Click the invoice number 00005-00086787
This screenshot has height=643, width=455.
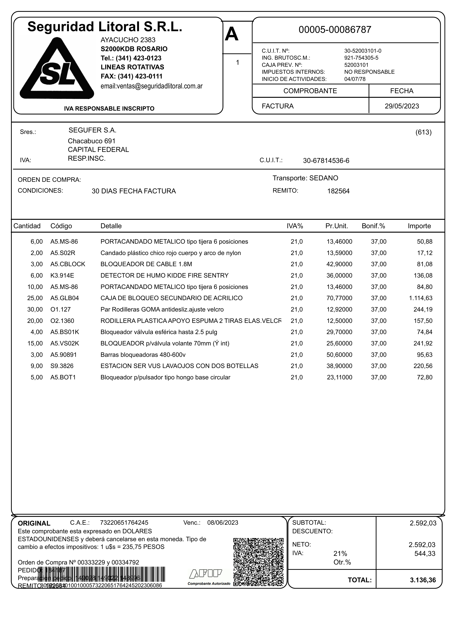pos(335,30)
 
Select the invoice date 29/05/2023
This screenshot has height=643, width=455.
pos(402,106)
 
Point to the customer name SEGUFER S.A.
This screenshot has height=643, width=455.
pos(92,130)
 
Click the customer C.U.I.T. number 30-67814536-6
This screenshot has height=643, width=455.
pos(326,161)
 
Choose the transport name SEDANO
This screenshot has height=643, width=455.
pos(324,178)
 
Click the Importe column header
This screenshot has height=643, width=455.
pos(419,226)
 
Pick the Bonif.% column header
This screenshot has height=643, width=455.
pos(373,226)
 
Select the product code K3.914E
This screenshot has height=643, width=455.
pos(62,276)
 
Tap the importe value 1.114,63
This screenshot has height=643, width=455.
pos(421,298)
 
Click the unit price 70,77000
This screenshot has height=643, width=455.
pos(339,298)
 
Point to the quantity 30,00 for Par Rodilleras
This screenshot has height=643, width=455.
pos(35,310)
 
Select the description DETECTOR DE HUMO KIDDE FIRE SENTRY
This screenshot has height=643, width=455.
pos(164,276)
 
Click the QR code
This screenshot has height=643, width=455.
pos(258,562)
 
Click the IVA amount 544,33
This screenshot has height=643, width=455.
pos(425,554)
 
